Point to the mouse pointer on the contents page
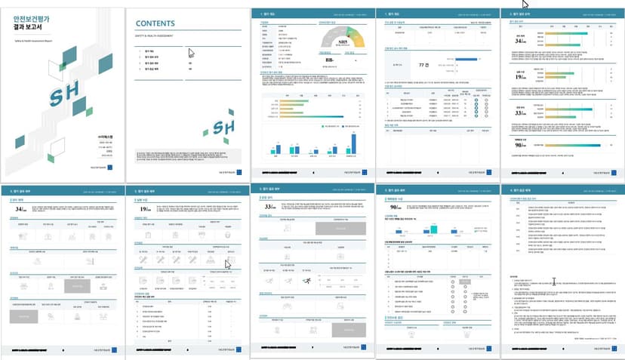click(x=192, y=54)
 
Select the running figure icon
click(x=307, y=281)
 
